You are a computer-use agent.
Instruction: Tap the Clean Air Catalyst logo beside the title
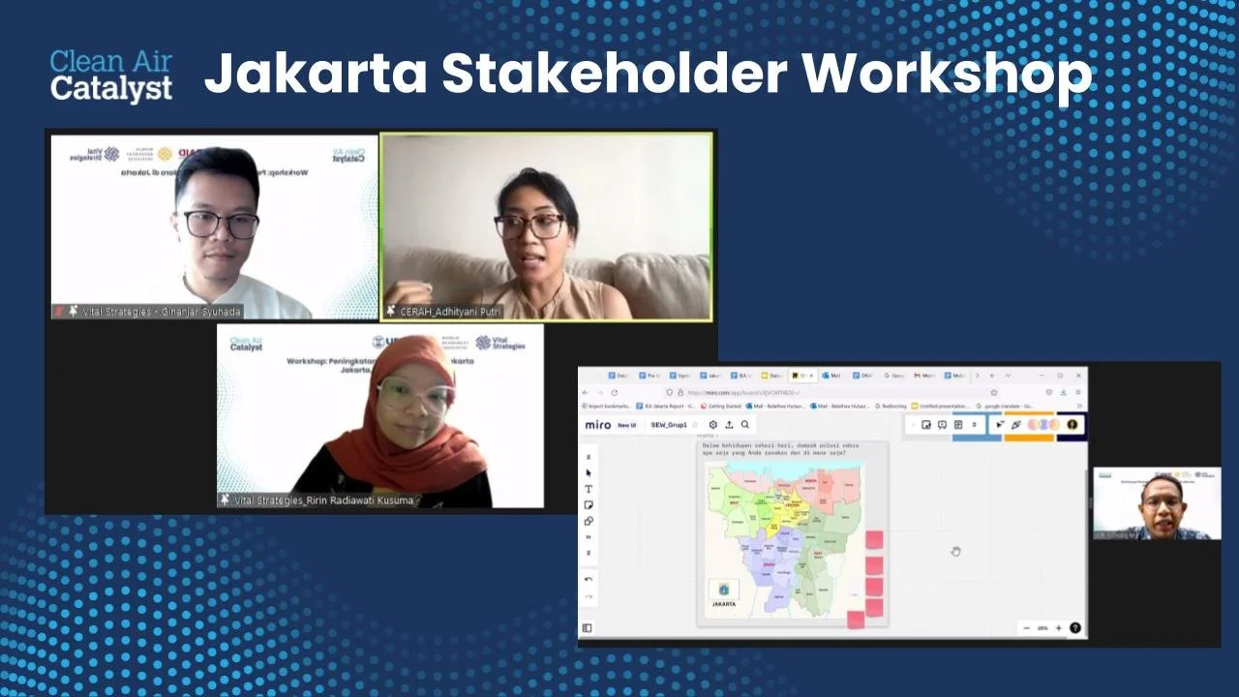coord(111,76)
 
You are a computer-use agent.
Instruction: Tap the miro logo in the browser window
coord(597,425)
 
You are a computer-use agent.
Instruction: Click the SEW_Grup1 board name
coord(668,425)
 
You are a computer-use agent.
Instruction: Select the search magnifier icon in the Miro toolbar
coord(745,425)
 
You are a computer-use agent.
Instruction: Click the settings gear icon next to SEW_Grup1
coord(713,425)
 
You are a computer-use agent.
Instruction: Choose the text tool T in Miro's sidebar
coord(589,489)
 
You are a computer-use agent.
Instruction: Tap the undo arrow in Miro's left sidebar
coord(589,579)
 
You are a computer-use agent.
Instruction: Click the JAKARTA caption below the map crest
coord(724,604)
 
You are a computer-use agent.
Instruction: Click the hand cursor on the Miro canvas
coord(955,551)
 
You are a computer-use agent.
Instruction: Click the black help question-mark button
coord(1074,627)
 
